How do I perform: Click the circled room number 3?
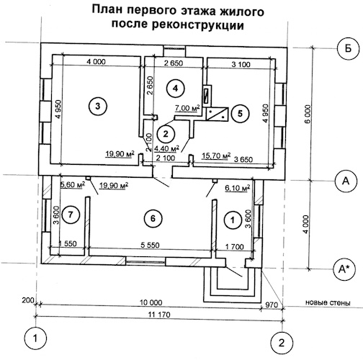point(97,106)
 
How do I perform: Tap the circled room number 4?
point(176,89)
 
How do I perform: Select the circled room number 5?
point(240,113)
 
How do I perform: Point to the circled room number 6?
point(153,218)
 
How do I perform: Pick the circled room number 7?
point(71,215)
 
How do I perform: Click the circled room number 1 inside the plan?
point(233,220)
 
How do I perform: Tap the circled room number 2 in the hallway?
point(166,134)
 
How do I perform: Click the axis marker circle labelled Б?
point(348,49)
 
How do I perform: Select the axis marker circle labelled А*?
point(344,269)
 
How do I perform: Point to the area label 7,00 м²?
point(188,108)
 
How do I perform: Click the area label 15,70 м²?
point(216,156)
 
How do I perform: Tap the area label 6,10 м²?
point(237,188)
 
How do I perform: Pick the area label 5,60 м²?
point(73,185)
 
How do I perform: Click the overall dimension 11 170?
point(159,315)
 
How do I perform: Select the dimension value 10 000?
point(151,302)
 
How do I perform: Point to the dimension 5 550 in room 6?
point(150,245)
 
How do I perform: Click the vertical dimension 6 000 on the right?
point(308,114)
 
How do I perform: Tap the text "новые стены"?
point(328,302)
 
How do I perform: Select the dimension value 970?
point(272,305)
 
